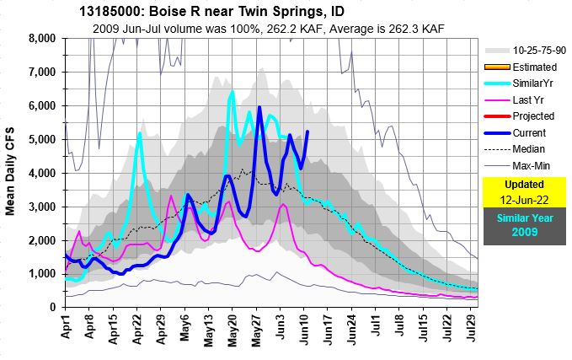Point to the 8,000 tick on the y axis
pyautogui.click(x=40, y=39)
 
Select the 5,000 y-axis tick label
pyautogui.click(x=40, y=139)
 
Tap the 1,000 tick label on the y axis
pyautogui.click(x=40, y=274)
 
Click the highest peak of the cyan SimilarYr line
pyautogui.click(x=232, y=91)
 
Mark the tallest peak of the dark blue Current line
pyautogui.click(x=259, y=107)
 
